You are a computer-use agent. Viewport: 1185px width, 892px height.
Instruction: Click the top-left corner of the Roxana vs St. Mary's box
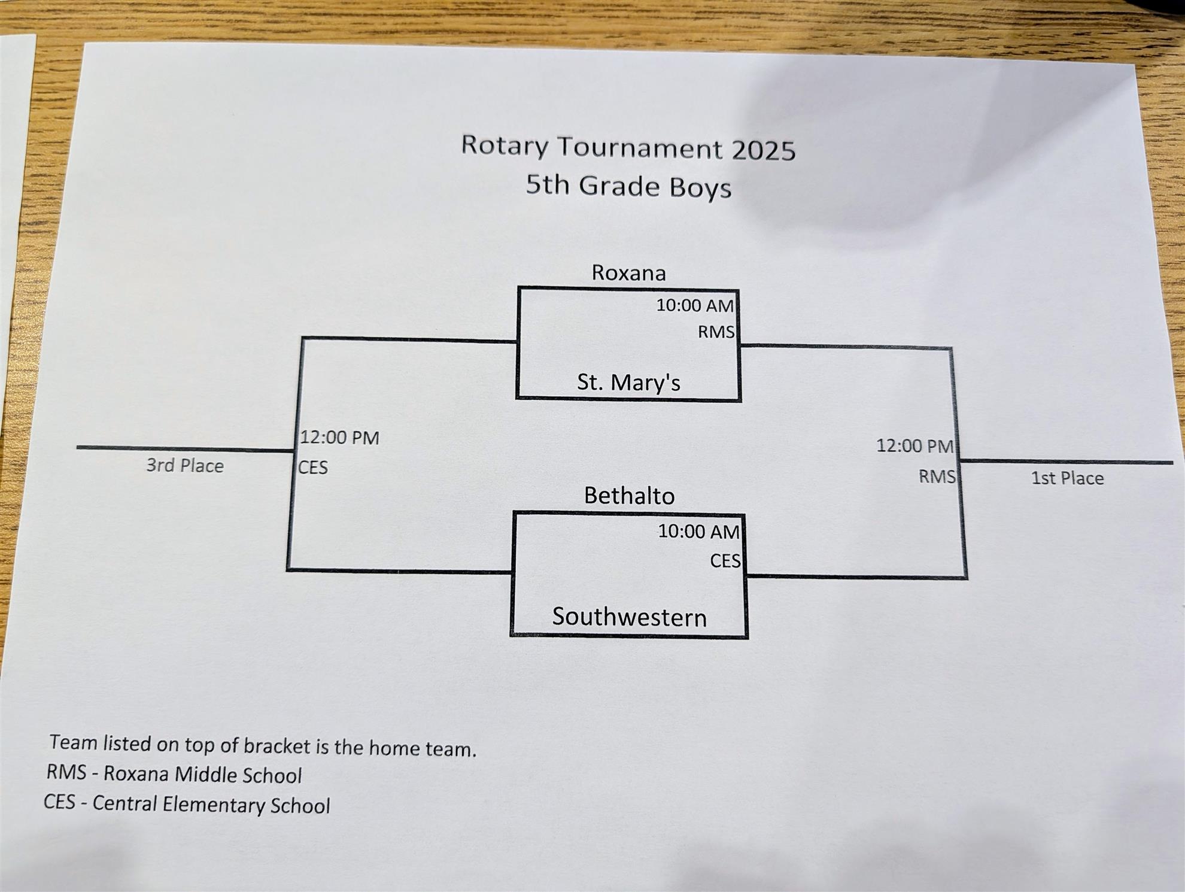click(519, 289)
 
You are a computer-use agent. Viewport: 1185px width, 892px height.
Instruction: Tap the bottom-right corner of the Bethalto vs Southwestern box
click(746, 636)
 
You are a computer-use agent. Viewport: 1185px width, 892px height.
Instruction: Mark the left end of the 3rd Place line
click(78, 447)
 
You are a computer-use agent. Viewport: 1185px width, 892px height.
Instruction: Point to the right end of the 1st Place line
click(1172, 462)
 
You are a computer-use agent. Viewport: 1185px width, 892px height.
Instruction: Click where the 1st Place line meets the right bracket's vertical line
click(959, 461)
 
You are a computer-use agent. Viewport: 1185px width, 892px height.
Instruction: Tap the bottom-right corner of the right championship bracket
click(965, 578)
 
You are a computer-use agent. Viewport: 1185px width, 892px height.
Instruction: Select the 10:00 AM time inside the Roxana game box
click(695, 305)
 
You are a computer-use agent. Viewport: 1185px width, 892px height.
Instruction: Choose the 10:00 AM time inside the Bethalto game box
click(698, 532)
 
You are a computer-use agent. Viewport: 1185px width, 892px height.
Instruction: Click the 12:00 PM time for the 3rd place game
click(339, 438)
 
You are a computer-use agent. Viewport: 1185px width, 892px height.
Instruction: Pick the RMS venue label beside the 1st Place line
click(937, 477)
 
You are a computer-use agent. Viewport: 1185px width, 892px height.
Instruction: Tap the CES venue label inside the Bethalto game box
click(725, 561)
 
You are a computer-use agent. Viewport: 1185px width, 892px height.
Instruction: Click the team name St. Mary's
click(628, 383)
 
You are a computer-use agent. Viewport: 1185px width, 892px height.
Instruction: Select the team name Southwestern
click(629, 617)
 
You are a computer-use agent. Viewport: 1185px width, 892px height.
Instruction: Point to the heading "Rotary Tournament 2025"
click(628, 147)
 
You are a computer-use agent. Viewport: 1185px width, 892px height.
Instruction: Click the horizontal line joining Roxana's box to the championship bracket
click(845, 347)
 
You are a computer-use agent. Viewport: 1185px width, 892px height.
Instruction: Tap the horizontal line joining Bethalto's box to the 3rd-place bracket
click(400, 571)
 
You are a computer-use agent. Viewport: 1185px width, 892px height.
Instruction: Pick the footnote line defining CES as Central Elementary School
click(187, 804)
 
